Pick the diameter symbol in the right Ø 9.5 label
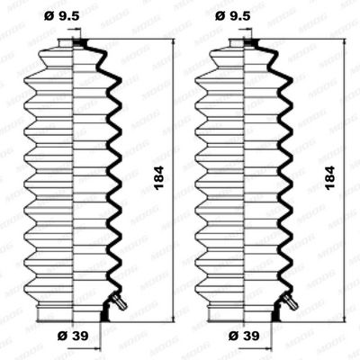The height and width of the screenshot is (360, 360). pos(221,15)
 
